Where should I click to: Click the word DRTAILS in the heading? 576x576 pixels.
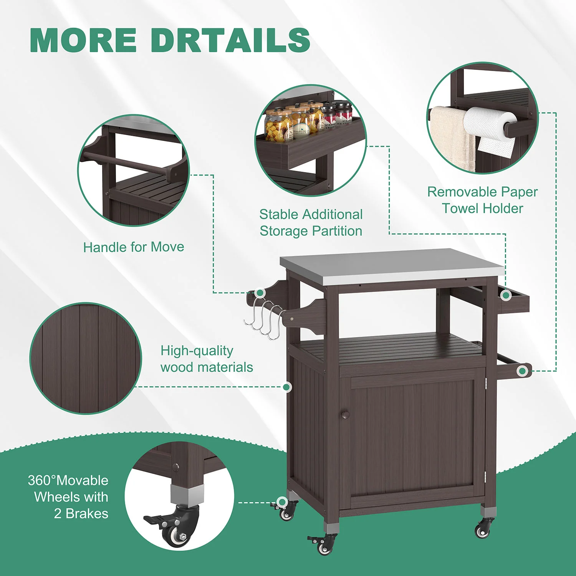click(x=230, y=40)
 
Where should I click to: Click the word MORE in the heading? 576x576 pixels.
click(x=83, y=40)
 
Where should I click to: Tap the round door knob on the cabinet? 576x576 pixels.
click(x=345, y=414)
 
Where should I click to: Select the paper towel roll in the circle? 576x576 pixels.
click(x=490, y=129)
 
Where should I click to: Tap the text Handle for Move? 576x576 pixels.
click(x=134, y=247)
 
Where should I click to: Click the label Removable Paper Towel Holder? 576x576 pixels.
click(x=483, y=200)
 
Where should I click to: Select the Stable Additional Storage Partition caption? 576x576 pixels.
click(x=311, y=223)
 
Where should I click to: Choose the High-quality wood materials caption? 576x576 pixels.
click(x=207, y=359)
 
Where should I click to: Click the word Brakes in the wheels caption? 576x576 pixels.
click(x=87, y=513)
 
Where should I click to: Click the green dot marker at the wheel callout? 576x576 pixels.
click(x=282, y=502)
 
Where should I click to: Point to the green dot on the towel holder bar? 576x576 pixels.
click(x=522, y=371)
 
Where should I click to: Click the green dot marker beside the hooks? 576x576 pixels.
click(x=260, y=293)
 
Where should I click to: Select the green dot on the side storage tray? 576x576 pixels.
click(x=506, y=295)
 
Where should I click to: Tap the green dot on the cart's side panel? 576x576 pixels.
click(x=286, y=387)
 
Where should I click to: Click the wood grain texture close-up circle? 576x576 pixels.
click(x=86, y=358)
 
